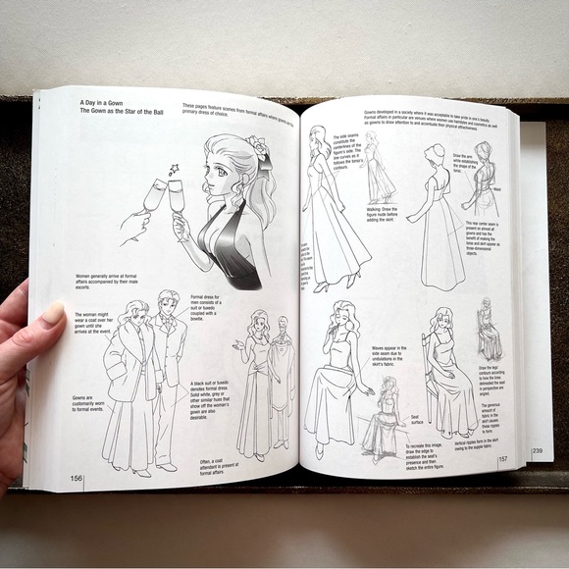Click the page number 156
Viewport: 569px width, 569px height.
click(x=76, y=479)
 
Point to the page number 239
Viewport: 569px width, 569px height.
click(x=537, y=450)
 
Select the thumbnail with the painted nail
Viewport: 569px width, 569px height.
click(x=52, y=313)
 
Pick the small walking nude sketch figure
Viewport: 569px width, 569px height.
click(x=376, y=167)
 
